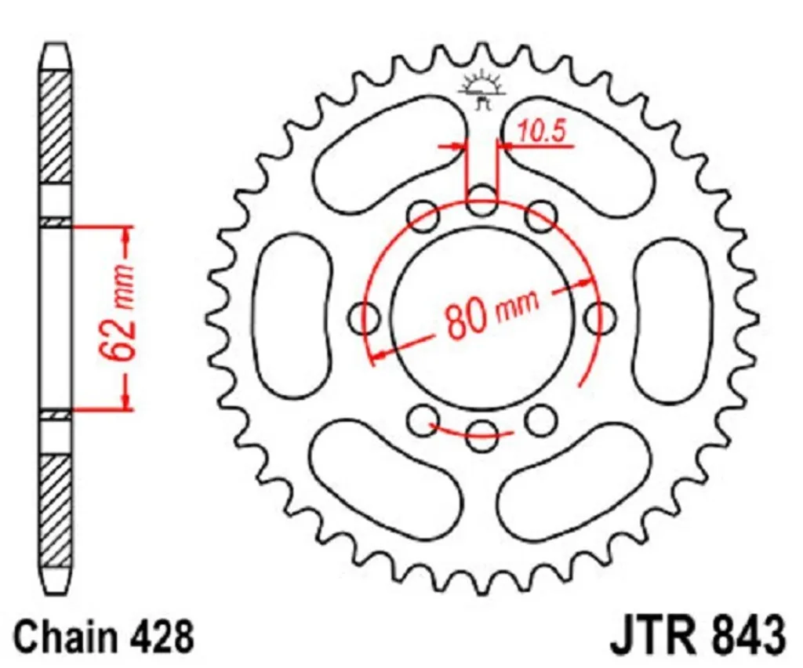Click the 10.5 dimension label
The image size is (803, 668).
(541, 132)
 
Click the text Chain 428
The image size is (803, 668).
(104, 637)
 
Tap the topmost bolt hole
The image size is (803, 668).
(482, 201)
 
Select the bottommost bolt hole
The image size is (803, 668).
(482, 436)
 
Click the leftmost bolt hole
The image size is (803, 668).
(364, 318)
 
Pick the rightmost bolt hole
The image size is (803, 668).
(600, 318)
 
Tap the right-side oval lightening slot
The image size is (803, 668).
(673, 318)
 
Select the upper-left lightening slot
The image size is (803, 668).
(389, 153)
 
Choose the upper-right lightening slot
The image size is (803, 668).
(577, 154)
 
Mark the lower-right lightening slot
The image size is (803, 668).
(574, 481)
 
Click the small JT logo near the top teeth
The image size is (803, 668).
(482, 90)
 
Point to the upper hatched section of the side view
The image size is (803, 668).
(56, 127)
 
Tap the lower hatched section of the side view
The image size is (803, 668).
(56, 510)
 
